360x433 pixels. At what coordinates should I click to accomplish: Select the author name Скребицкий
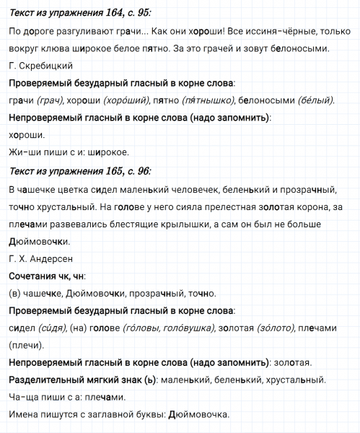coord(41,66)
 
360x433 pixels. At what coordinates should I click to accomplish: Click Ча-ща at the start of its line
coord(25,397)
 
